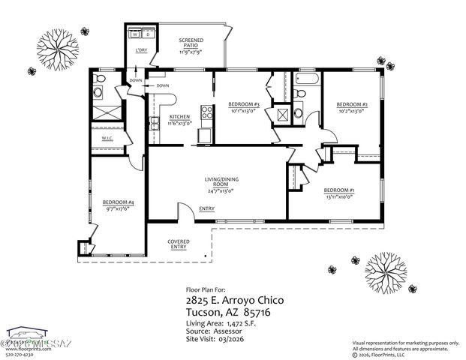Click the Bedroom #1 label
339,190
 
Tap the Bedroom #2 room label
350,104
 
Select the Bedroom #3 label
243,104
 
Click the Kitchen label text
179,117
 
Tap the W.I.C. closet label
107,139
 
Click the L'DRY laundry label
140,50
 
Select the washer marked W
135,34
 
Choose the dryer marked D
148,34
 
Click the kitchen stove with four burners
203,135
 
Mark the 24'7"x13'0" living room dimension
220,190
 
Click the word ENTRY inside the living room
207,208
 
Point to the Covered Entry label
179,244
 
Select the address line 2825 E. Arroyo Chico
234,300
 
